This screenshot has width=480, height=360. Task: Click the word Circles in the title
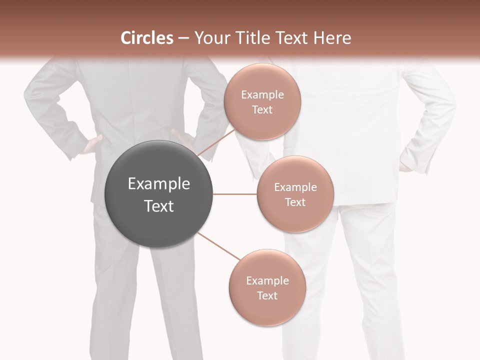pos(146,38)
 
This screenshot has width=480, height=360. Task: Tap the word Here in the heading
pos(332,38)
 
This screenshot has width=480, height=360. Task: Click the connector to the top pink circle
pos(216,142)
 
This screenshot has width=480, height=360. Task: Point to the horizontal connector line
pos(235,194)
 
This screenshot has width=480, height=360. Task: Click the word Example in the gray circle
pos(159,184)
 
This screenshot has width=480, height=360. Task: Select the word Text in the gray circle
pos(159,206)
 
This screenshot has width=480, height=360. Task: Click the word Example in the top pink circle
pos(262,95)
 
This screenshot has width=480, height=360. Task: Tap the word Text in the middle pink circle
pos(295,202)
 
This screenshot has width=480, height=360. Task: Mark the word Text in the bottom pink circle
pos(267,295)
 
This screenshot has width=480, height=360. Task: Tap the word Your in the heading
pos(210,38)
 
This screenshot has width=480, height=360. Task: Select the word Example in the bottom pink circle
pos(267,281)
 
